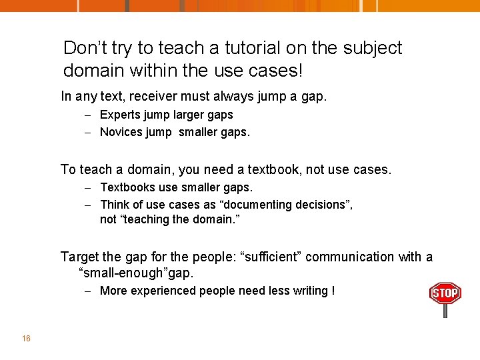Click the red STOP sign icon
pos(445,293)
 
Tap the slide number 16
pos(26,339)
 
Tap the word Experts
pos(121,115)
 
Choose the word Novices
pos(122,132)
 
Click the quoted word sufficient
pos(271,257)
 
